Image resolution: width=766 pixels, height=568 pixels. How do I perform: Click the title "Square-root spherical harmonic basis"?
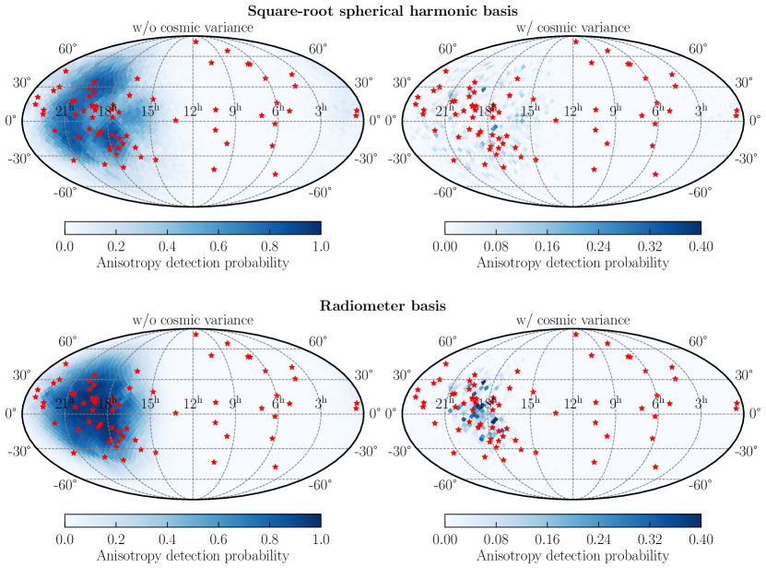pyautogui.click(x=382, y=10)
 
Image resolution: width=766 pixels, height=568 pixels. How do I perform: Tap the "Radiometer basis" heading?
pyautogui.click(x=382, y=303)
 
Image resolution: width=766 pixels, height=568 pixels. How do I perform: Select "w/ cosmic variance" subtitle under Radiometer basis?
pyautogui.click(x=572, y=321)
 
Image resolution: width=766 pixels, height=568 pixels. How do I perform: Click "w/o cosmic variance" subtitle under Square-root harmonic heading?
pyautogui.click(x=193, y=28)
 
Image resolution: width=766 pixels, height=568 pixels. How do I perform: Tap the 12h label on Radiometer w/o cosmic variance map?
pyautogui.click(x=193, y=404)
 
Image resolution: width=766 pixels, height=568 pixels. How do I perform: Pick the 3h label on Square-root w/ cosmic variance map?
pyautogui.click(x=701, y=111)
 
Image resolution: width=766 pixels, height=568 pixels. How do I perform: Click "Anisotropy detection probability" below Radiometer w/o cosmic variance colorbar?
pyautogui.click(x=193, y=556)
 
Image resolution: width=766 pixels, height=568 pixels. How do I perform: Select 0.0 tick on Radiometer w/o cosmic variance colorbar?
pyautogui.click(x=65, y=540)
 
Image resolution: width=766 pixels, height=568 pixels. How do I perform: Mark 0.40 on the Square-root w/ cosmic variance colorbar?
pyautogui.click(x=701, y=246)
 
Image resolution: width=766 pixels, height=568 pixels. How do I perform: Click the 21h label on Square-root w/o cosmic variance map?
pyautogui.click(x=65, y=111)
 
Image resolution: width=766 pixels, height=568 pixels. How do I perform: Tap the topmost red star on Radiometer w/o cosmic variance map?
pyautogui.click(x=195, y=334)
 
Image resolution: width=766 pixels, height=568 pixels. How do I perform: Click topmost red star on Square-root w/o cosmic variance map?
pyautogui.click(x=195, y=41)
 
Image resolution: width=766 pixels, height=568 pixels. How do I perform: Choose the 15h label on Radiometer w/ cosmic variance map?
pyautogui.click(x=530, y=404)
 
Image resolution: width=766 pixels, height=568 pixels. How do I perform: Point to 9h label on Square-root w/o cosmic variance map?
pyautogui.click(x=235, y=111)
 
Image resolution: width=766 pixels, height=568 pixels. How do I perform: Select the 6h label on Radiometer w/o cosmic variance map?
pyautogui.click(x=277, y=404)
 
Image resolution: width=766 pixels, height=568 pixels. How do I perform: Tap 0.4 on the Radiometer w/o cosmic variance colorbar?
pyautogui.click(x=167, y=540)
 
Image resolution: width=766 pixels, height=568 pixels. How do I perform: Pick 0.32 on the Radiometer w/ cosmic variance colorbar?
pyautogui.click(x=650, y=540)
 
